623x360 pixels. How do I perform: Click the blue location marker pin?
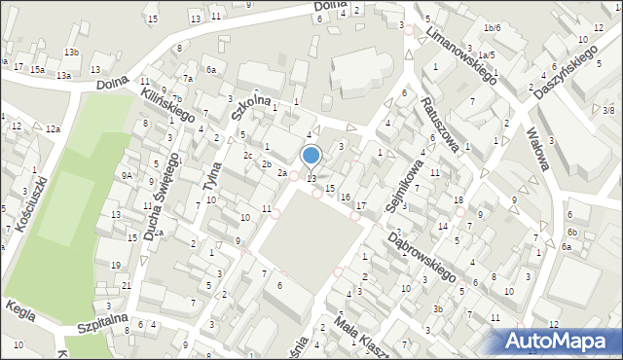311,156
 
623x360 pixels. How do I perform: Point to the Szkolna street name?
253,109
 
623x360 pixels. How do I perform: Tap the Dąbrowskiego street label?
422,255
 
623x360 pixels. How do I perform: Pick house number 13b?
71,52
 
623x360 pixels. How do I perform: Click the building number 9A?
127,175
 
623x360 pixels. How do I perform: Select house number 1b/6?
493,28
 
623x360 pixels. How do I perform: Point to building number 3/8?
607,111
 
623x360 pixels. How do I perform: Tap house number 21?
127,284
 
